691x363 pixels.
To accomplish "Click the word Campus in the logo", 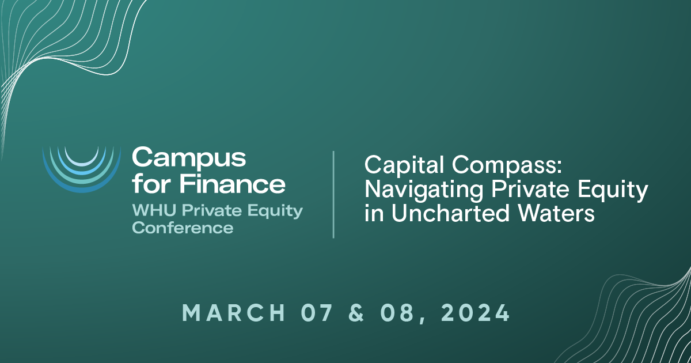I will coord(189,157).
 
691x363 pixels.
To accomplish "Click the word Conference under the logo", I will coord(183,228).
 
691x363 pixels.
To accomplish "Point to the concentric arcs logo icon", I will coord(81,168).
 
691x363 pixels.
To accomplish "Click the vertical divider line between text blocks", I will coord(334,195).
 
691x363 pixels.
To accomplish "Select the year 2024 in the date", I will coord(474,313).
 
